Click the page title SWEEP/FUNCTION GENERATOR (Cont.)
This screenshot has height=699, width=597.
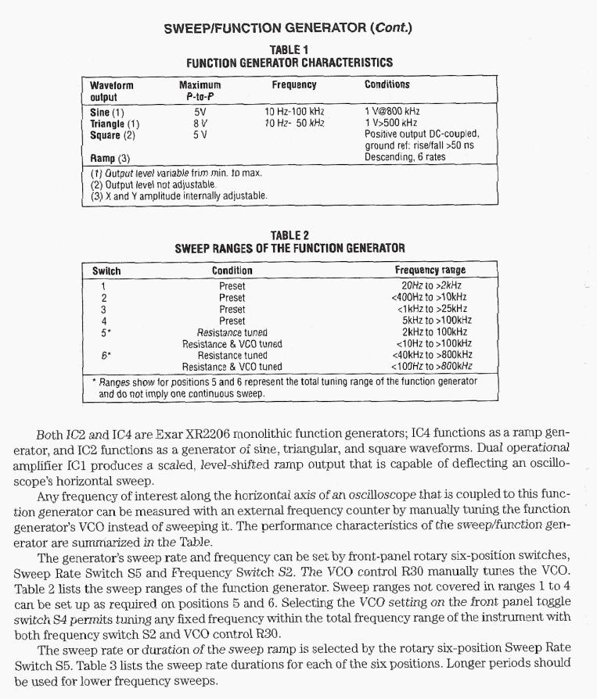coord(287,29)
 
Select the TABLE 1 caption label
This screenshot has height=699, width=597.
coord(289,50)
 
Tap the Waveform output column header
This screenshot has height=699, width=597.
coord(111,91)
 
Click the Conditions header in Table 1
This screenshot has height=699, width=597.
coord(387,84)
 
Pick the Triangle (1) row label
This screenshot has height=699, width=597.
coord(115,123)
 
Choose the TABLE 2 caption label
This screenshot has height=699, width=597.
coord(290,235)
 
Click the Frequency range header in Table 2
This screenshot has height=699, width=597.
coord(435,271)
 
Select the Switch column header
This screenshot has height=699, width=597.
coord(106,271)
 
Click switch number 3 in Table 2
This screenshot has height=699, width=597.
coord(104,309)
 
